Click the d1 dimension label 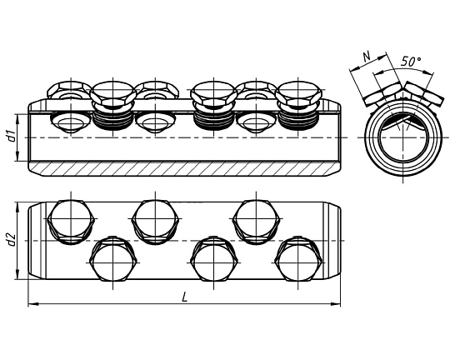click(12, 136)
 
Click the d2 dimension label click(12, 240)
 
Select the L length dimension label click(185, 297)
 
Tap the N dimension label click(367, 57)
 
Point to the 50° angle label click(411, 62)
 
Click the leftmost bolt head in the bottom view click(71, 222)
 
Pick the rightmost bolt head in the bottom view click(298, 258)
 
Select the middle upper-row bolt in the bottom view click(155, 222)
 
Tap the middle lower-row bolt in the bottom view click(214, 258)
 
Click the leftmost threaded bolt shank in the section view click(112, 120)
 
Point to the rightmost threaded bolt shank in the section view click(298, 120)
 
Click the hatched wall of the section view click(184, 168)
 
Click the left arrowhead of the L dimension click(33, 303)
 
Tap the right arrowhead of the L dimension click(336, 303)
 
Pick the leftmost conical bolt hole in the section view click(71, 122)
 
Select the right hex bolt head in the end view click(424, 94)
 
